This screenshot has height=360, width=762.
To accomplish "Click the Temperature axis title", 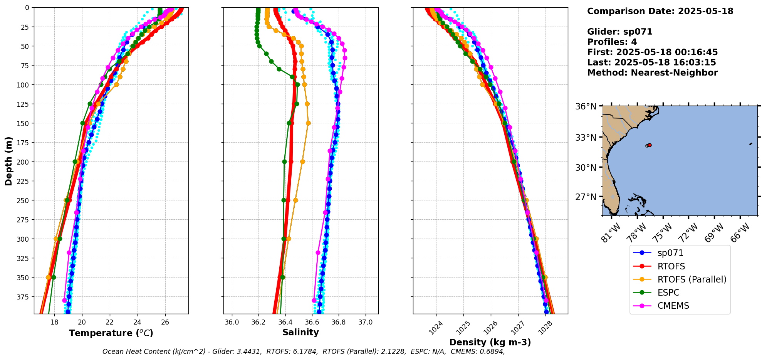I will point(111,333).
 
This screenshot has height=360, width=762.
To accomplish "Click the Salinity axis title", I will point(300,332).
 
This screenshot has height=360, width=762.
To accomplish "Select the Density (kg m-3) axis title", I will point(490,342).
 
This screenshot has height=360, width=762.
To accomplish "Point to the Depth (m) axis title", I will point(8,161).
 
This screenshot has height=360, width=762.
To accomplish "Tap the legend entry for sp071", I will point(670,253).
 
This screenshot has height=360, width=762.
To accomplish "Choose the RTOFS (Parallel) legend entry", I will point(692,279).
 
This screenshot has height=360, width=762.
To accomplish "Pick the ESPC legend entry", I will point(668,293).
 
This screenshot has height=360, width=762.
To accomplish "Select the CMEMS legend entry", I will point(673,306).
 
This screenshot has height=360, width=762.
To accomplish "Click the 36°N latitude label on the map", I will point(586,106).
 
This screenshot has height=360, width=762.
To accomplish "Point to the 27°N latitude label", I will point(586,197).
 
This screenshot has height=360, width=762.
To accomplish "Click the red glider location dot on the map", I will point(650,145).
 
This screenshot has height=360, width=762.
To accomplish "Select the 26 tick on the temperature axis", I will point(165,322).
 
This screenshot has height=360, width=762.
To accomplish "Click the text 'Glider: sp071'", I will point(619,32).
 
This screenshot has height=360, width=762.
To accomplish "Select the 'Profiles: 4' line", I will point(612,42).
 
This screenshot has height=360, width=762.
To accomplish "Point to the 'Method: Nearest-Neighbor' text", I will point(652,73).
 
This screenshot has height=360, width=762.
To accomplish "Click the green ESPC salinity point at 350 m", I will point(282,277).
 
